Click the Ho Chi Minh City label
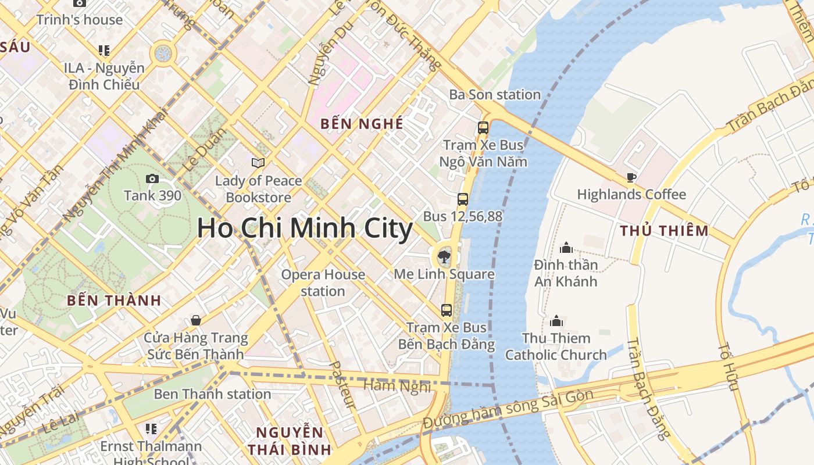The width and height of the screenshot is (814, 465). [305, 228]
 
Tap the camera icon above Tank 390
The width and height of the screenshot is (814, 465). [152, 178]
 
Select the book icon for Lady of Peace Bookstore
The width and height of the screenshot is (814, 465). [258, 163]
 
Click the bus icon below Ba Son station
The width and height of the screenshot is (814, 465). [483, 127]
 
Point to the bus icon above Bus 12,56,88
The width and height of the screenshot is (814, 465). [463, 199]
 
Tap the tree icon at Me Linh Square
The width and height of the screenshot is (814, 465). [444, 256]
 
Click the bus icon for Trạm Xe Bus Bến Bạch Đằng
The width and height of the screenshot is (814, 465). [447, 310]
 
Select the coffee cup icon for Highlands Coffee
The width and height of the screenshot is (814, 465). [631, 177]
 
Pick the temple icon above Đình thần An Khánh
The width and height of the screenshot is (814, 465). [566, 248]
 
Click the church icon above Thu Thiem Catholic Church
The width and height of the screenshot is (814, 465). [556, 321]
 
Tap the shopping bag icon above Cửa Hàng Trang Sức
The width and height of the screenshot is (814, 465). [196, 320]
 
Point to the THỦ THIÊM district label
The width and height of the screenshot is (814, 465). [664, 231]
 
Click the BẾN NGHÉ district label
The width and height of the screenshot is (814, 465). [362, 124]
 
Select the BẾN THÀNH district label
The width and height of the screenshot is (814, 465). [113, 301]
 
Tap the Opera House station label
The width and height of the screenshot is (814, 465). [323, 282]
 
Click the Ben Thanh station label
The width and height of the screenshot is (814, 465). [212, 394]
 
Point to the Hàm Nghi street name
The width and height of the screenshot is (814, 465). [397, 385]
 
